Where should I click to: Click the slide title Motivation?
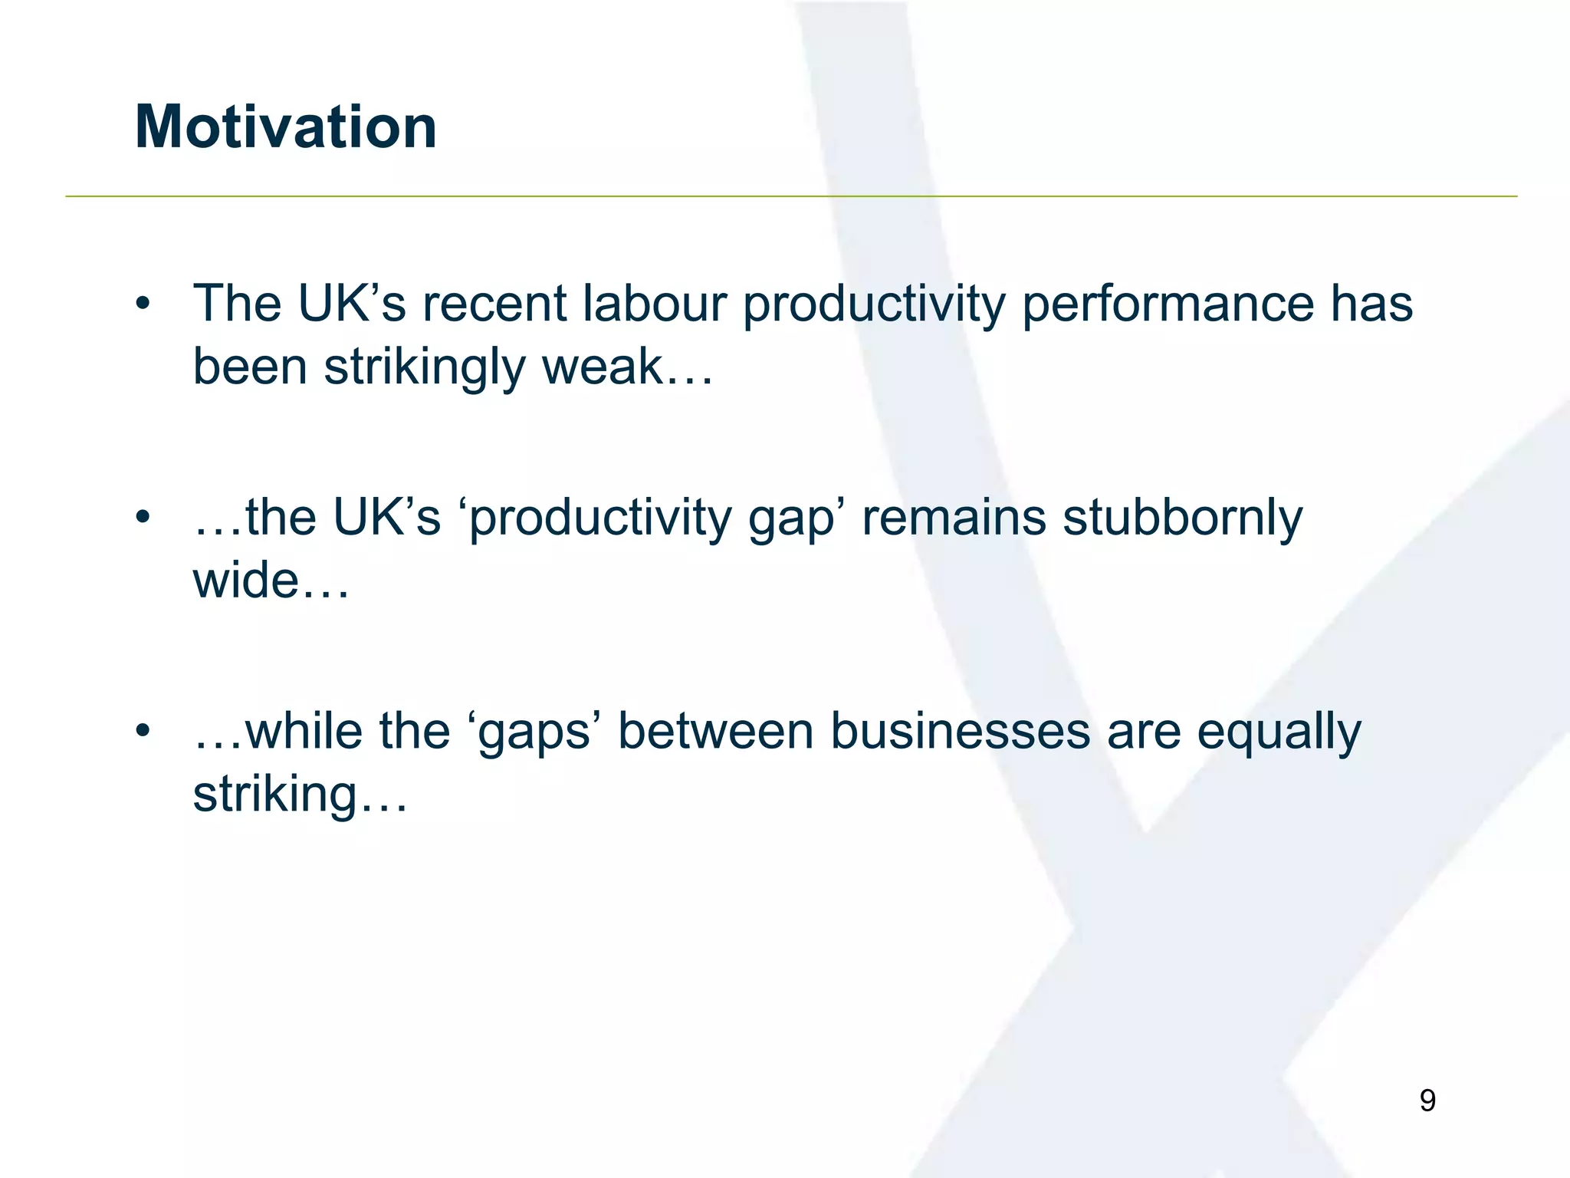click(286, 127)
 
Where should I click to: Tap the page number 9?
click(1427, 1101)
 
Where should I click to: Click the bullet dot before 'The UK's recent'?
click(143, 304)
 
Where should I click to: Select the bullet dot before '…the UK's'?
click(143, 518)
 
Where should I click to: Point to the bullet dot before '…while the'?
click(143, 731)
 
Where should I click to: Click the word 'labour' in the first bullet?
click(654, 304)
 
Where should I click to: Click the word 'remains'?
click(954, 518)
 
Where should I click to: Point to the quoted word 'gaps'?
click(534, 733)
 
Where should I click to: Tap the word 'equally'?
click(1279, 733)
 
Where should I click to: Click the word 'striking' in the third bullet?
click(275, 795)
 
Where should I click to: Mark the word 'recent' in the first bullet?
click(495, 304)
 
